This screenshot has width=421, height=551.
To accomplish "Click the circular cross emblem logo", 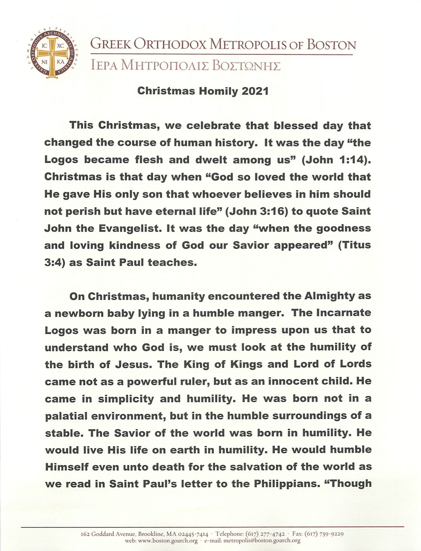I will pyautogui.click(x=52, y=54).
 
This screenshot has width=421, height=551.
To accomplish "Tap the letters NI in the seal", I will pyautogui.click(x=44, y=62).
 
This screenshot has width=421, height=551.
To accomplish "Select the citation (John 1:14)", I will pyautogui.click(x=336, y=160).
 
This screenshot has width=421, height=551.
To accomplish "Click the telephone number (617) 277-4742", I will pyautogui.click(x=265, y=534).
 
